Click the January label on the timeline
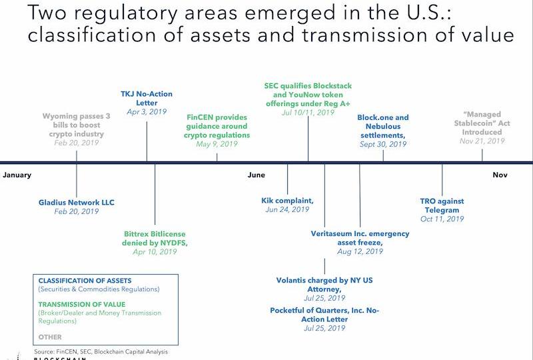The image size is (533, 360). click(x=17, y=175)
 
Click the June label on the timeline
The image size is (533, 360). click(x=256, y=175)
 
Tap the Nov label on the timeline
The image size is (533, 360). click(x=500, y=175)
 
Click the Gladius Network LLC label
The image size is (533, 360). click(x=77, y=201)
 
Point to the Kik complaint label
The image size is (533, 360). click(x=287, y=200)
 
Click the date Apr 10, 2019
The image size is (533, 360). click(x=155, y=252)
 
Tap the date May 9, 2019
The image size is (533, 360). click(x=217, y=144)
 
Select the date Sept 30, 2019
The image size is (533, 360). click(x=382, y=144)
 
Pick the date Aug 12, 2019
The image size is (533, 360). click(x=360, y=252)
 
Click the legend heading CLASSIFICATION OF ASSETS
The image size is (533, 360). click(x=85, y=281)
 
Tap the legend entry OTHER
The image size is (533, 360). click(x=50, y=337)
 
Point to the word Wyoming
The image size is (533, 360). click(x=61, y=116)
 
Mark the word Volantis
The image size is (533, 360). click(x=294, y=281)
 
